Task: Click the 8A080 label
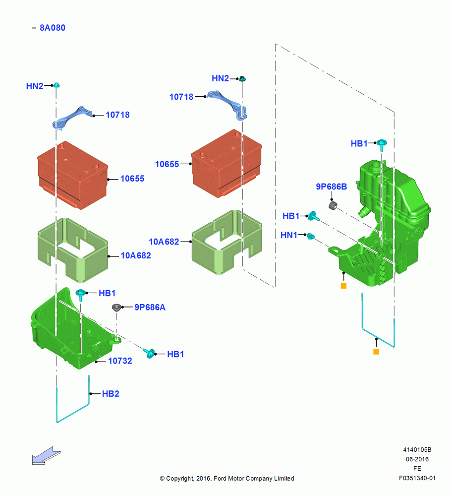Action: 53,28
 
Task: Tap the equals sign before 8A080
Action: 34,28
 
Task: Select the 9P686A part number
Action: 150,307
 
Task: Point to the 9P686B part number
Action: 331,186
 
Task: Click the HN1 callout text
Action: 289,235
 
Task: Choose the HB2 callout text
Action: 111,393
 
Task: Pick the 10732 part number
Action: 120,361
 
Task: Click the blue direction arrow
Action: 46,456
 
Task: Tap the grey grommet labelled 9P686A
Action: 116,307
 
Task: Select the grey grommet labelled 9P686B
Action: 333,206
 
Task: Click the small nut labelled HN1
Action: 311,236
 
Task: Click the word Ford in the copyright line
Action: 221,478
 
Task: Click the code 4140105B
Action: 417,449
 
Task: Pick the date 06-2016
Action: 417,459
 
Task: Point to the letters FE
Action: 417,469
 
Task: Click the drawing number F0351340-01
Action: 417,478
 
